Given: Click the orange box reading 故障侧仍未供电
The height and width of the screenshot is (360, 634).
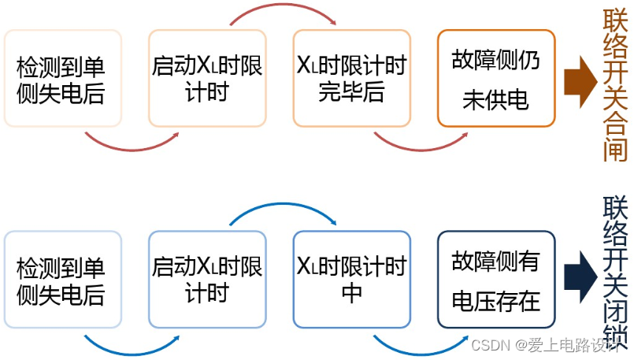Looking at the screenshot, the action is click(496, 79).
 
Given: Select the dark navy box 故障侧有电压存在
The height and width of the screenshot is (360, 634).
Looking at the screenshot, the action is click(496, 279).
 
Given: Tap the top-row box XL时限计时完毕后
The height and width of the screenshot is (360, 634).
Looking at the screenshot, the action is click(351, 79).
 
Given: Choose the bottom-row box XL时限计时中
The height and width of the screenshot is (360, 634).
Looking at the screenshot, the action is click(351, 279).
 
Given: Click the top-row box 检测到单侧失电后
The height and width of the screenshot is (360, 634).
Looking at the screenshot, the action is click(62, 79).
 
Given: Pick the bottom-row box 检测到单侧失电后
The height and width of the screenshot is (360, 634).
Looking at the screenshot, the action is click(62, 279).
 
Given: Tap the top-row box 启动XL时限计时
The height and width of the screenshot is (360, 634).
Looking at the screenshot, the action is click(207, 79).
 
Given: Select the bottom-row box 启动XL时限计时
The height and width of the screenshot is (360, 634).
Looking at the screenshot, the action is click(207, 279).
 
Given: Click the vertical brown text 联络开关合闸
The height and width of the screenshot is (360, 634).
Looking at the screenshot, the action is click(615, 85).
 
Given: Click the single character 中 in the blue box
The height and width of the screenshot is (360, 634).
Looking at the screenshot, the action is click(351, 294).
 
